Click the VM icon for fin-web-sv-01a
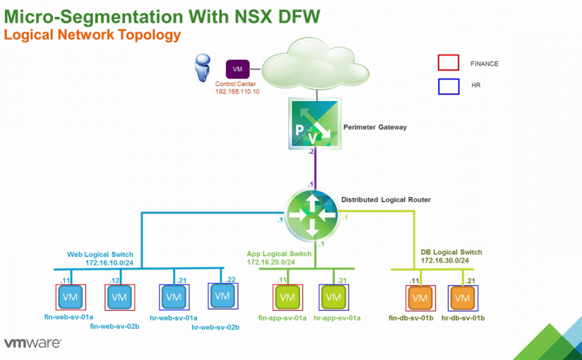click(x=71, y=297)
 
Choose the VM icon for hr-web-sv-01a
click(x=173, y=297)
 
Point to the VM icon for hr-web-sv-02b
click(x=222, y=296)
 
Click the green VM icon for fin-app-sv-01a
click(x=287, y=297)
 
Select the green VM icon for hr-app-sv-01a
click(x=332, y=297)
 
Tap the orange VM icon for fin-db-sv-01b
click(x=420, y=298)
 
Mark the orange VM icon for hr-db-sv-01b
click(x=462, y=298)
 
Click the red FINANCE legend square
click(x=449, y=63)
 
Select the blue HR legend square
click(x=449, y=86)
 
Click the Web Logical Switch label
click(x=100, y=254)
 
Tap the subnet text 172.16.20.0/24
click(x=271, y=263)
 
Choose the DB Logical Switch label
click(x=451, y=252)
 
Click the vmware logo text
click(x=33, y=344)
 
